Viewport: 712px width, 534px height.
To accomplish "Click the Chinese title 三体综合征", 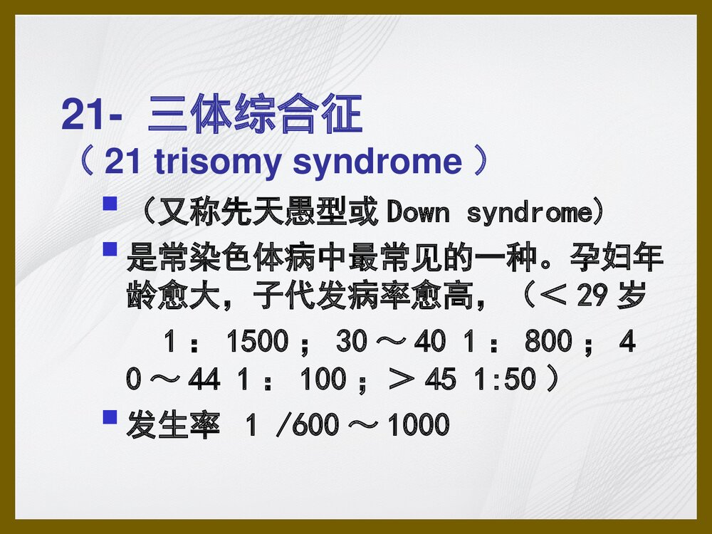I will click(x=255, y=115).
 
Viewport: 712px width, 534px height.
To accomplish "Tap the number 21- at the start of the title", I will click(x=88, y=115).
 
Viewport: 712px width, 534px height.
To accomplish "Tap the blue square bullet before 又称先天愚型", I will click(x=110, y=206).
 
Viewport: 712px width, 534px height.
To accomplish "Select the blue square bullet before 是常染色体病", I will click(x=110, y=250).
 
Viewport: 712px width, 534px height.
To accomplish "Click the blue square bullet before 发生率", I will click(x=110, y=417).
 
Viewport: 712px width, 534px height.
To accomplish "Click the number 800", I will click(x=548, y=342).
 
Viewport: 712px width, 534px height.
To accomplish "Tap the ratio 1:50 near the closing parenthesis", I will click(x=505, y=379).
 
